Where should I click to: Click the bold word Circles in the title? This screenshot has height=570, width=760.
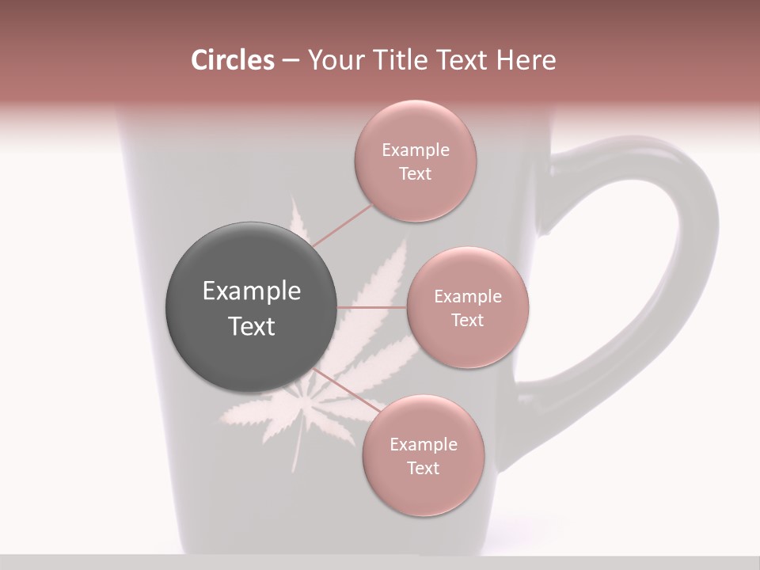(233, 60)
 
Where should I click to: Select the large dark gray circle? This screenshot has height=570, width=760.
(251, 307)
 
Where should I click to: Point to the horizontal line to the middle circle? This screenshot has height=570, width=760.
(372, 307)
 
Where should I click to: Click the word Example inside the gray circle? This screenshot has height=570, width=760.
(252, 291)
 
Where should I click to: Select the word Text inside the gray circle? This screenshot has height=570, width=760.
(252, 326)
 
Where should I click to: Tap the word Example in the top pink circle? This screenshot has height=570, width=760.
(416, 150)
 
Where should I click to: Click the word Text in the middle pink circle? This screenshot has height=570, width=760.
(467, 321)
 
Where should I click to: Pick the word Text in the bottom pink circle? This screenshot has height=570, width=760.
(423, 469)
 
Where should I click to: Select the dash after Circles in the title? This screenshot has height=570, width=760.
(290, 61)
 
